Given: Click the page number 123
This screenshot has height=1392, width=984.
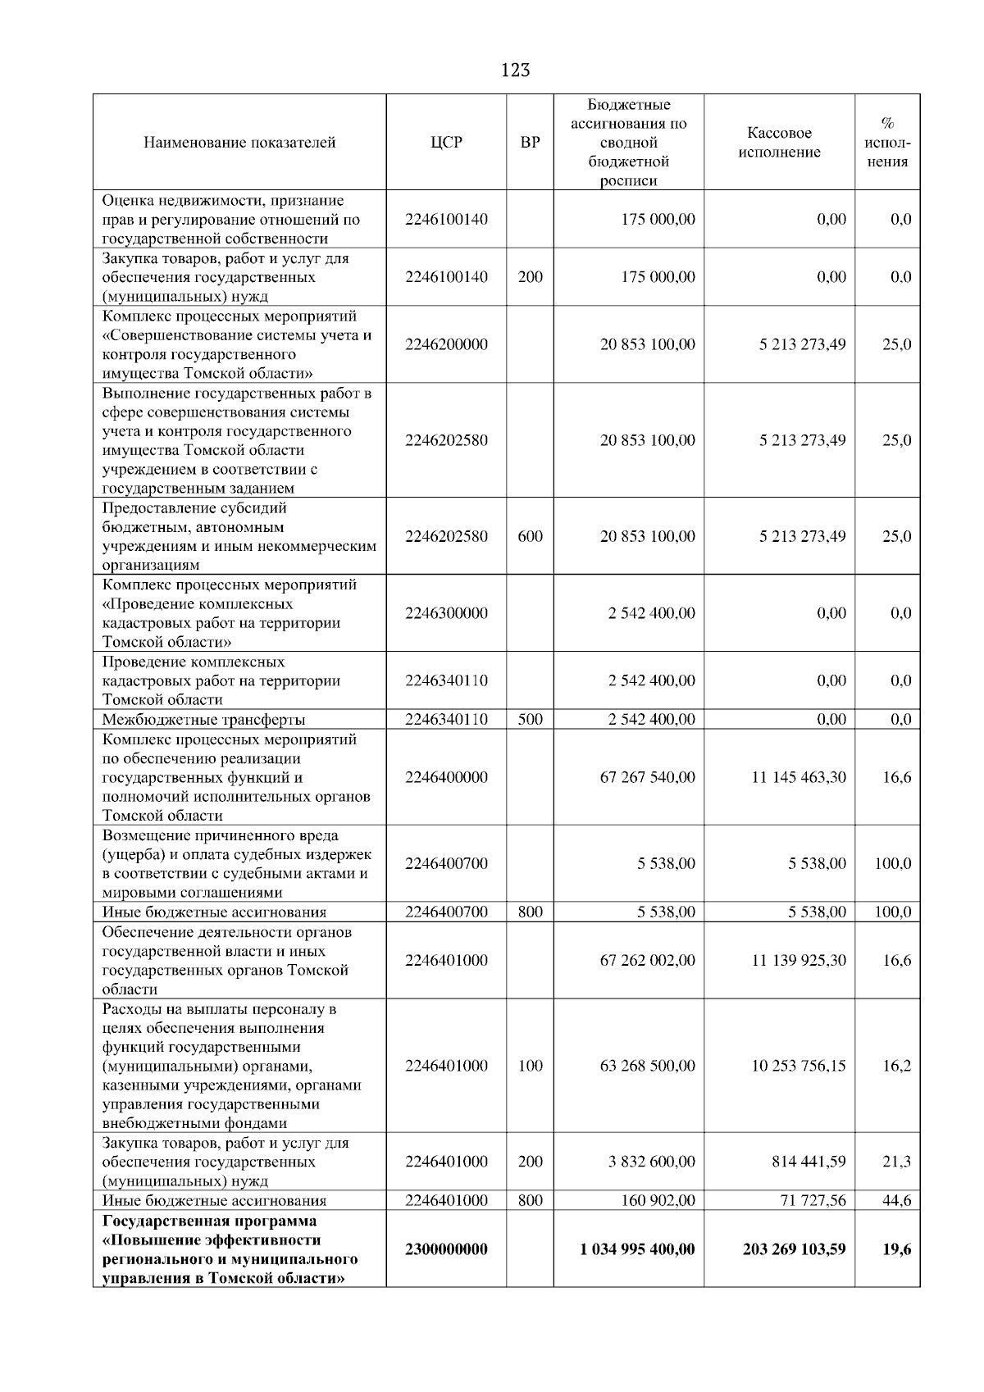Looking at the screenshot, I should (515, 71).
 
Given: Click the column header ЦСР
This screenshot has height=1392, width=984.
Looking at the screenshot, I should (446, 143).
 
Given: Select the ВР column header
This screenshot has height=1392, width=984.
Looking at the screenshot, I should (531, 143).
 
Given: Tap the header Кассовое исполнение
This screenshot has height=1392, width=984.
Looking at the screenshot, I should (779, 143).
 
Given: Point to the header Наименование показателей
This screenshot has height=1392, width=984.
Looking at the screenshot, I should (239, 143).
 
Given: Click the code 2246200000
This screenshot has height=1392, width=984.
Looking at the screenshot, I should (446, 344).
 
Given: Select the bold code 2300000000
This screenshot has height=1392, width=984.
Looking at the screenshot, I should (446, 1249).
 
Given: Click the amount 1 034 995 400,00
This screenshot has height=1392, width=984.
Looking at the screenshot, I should (637, 1249).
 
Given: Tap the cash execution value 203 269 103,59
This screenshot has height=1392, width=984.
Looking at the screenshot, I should (794, 1249).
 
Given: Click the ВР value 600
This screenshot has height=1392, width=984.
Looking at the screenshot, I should (531, 537).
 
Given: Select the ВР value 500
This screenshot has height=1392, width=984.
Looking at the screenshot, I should (531, 720).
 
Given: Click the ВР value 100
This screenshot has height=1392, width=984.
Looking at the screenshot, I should (531, 1066).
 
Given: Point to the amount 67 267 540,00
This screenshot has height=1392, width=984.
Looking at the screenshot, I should (647, 777).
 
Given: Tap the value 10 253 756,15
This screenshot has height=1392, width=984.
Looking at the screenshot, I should (799, 1066).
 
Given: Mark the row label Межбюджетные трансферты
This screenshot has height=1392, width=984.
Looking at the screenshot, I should (203, 720).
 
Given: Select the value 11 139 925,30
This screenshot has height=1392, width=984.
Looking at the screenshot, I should (799, 960).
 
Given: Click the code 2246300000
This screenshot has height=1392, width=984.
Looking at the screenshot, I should (446, 613).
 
